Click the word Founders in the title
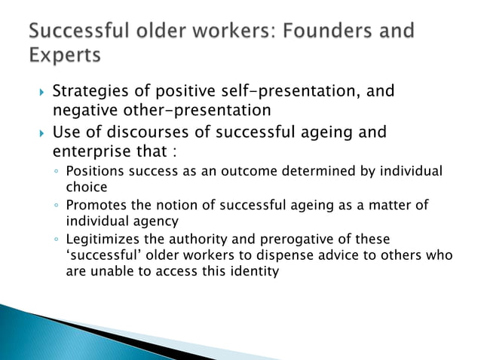316,31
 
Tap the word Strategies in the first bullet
90,92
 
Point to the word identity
256,271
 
